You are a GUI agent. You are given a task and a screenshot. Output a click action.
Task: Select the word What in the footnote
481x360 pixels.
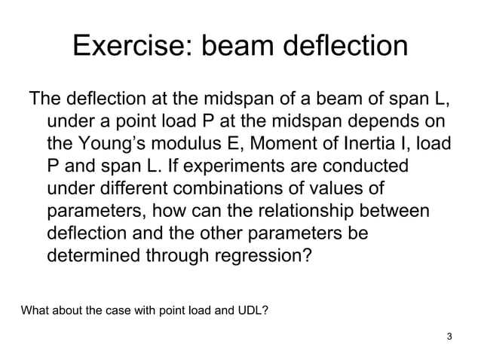coord(35,310)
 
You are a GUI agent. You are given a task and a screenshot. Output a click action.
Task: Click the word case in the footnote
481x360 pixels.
coord(117,310)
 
